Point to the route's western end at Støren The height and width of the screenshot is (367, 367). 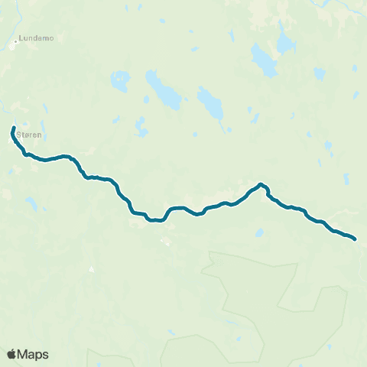click(x=14, y=127)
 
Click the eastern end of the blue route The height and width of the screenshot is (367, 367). click(x=356, y=239)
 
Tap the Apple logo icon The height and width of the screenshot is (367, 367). click(x=11, y=354)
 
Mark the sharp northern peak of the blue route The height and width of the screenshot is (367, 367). click(x=261, y=183)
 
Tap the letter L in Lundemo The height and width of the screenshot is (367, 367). click(x=21, y=37)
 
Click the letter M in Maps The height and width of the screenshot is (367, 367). click(x=23, y=354)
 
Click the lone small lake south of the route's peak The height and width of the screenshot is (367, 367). click(x=260, y=232)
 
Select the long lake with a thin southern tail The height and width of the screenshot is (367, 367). click(x=209, y=102)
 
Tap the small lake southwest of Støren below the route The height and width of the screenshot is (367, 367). click(x=32, y=204)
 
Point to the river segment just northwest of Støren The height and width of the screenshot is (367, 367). click(x=5, y=107)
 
